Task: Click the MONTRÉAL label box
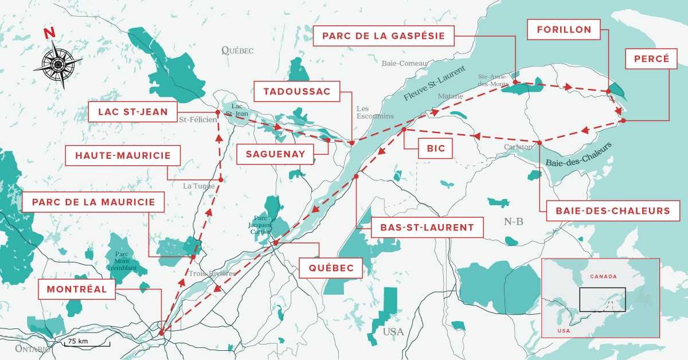pos(77,289)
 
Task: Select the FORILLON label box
pos(564,30)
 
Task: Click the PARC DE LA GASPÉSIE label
pos(384,36)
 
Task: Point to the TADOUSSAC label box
pos(297,91)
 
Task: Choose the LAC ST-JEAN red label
pos(132,112)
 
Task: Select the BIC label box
pos(436,150)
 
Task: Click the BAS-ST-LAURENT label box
pos(427,227)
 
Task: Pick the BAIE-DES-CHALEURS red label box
pos(612,211)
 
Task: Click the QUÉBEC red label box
pos(331,268)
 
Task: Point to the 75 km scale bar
pos(86,342)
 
